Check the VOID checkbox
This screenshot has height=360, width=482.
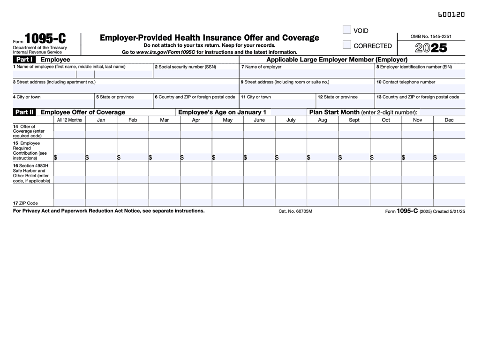click(x=347, y=30)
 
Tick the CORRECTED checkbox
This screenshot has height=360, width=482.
click(x=347, y=45)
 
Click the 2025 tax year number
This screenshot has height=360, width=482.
click(x=431, y=48)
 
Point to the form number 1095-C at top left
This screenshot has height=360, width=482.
click(x=45, y=38)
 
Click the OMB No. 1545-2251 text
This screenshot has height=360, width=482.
click(x=431, y=36)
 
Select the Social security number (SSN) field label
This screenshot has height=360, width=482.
click(x=186, y=67)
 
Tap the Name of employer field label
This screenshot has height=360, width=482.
click(x=261, y=67)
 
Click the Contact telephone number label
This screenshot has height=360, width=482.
click(x=406, y=82)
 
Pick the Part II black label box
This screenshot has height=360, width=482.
click(x=25, y=112)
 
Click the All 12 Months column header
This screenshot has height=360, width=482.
click(x=69, y=120)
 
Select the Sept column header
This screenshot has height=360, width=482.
click(x=354, y=120)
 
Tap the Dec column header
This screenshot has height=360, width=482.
click(x=449, y=120)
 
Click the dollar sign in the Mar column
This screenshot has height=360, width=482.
click(x=151, y=158)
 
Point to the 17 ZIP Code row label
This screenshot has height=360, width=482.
click(x=26, y=203)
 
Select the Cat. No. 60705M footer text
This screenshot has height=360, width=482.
click(x=295, y=211)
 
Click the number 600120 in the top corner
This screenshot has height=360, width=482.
click(x=451, y=15)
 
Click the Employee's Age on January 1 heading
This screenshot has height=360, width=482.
click(x=222, y=112)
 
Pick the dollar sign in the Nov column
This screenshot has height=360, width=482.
click(x=404, y=158)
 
